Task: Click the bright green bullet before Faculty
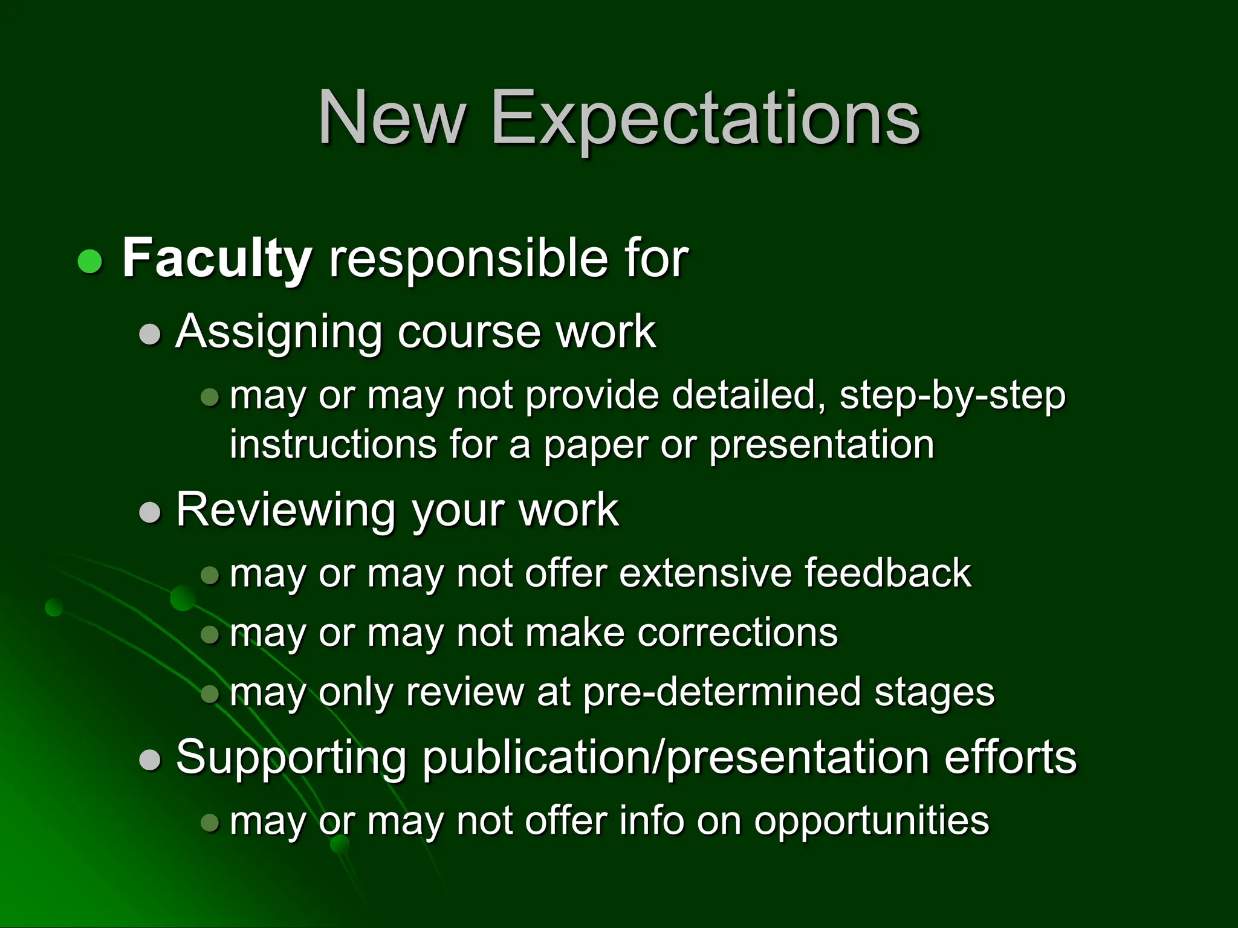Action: click(90, 261)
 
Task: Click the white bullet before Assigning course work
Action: click(150, 334)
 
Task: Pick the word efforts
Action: click(1010, 758)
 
